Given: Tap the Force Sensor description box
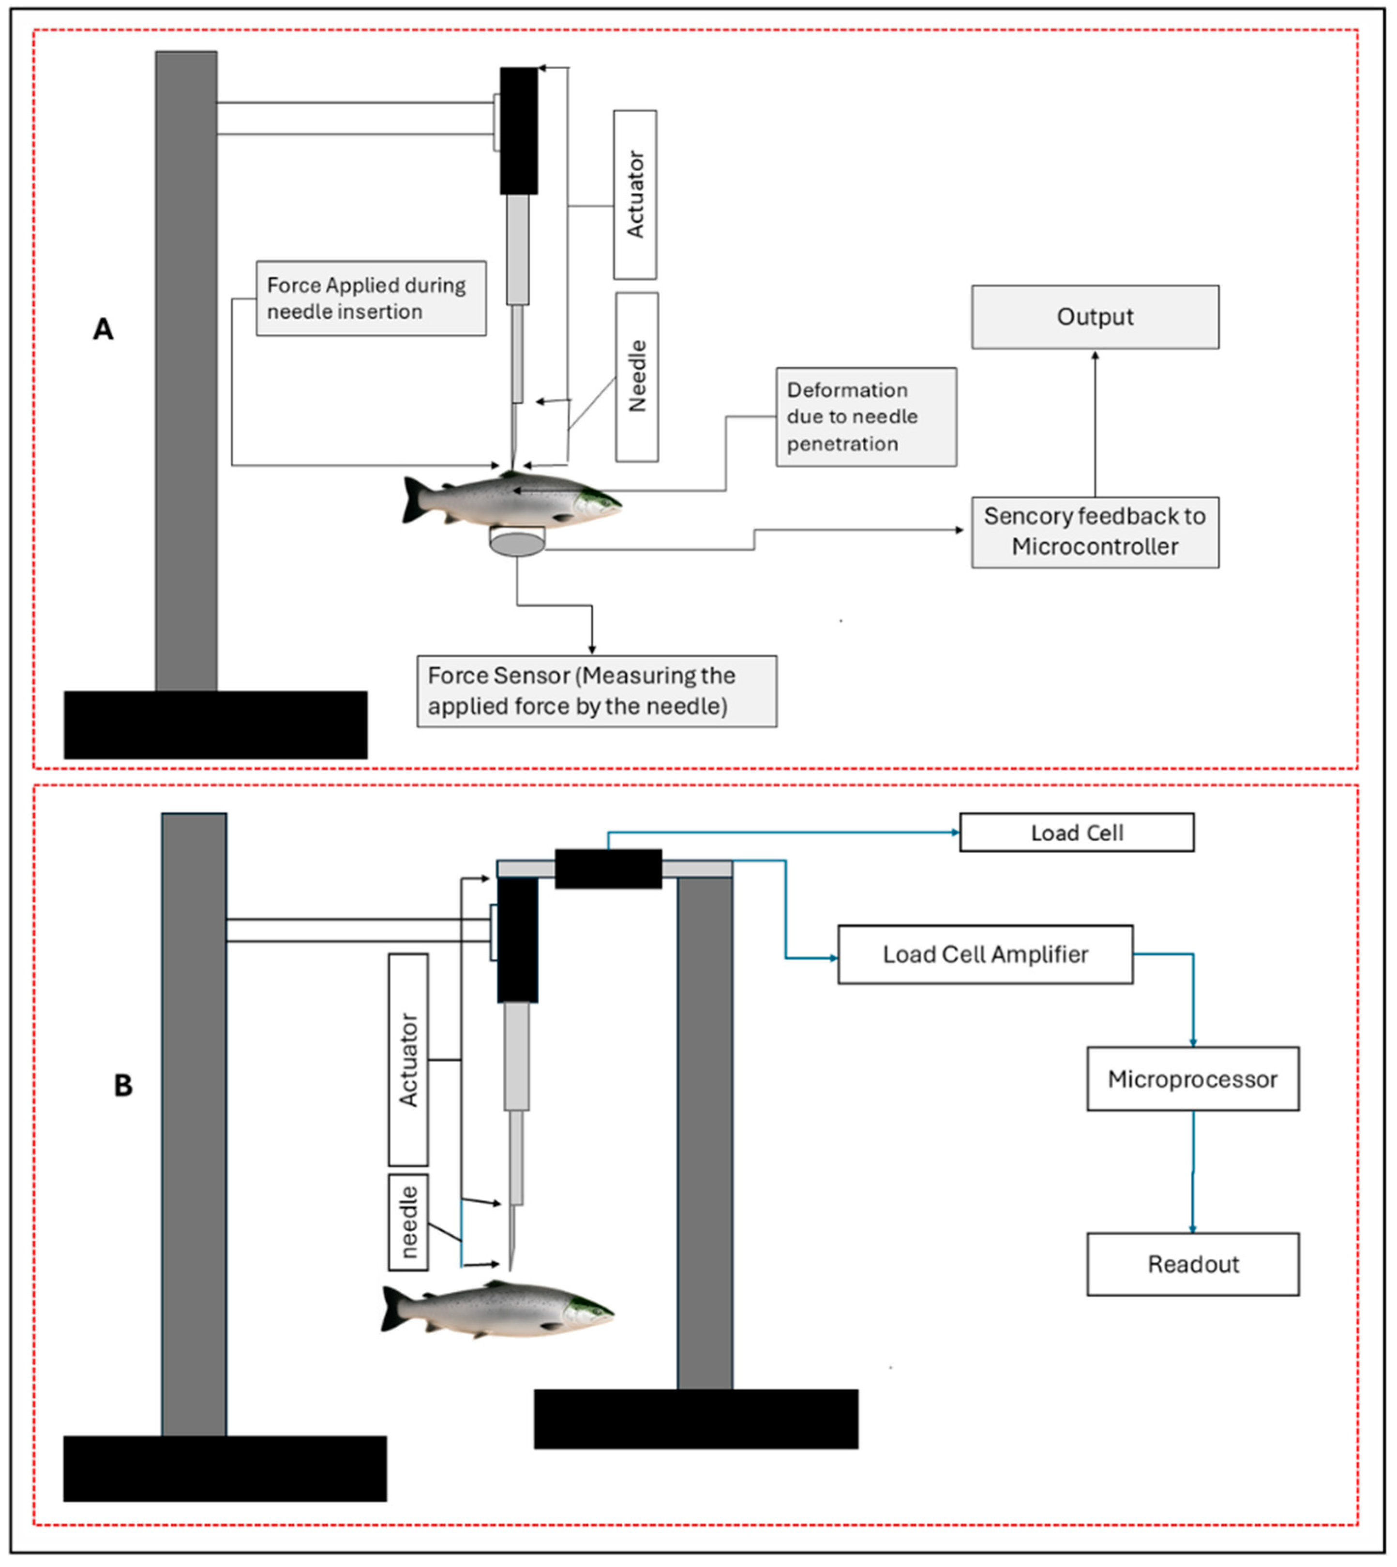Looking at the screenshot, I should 597,691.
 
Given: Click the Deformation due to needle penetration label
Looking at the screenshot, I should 866,417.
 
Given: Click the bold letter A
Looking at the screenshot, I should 103,330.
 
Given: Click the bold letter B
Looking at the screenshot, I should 123,1086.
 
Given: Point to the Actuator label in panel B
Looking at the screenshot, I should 408,1060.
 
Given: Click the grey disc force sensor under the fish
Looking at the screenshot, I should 517,544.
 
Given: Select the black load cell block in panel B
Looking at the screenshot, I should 608,869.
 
